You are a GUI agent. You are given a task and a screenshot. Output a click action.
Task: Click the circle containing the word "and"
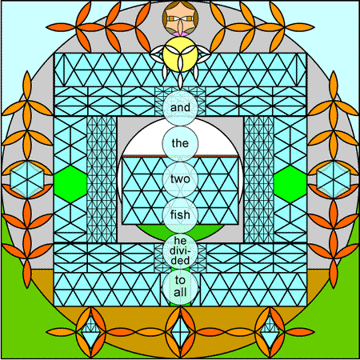point(180,107)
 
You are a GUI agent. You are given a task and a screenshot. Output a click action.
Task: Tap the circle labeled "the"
point(180,143)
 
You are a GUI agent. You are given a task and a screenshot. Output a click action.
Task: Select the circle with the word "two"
point(180,179)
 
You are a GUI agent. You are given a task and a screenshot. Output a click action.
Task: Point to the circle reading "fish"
point(180,215)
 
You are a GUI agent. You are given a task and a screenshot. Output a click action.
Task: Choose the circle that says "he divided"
point(180,251)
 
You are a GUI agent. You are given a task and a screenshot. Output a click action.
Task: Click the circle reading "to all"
point(180,287)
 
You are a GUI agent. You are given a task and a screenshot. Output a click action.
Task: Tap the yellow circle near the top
point(180,54)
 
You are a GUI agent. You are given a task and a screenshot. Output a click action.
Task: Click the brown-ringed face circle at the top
point(180,18)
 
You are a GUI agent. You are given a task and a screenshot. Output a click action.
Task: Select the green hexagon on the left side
point(70,184)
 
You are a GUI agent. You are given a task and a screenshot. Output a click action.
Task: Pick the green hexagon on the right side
point(290,184)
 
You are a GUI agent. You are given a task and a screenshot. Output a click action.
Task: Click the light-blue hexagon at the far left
point(26,179)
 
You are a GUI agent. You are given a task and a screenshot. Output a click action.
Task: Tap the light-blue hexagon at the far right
point(334,179)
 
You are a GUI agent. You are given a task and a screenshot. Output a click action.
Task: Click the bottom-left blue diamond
point(90,332)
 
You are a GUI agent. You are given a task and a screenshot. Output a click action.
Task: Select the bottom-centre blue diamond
point(180,332)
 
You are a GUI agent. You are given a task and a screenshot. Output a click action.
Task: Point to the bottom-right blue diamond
point(270,332)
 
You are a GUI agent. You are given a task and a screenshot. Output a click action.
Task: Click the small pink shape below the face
point(180,34)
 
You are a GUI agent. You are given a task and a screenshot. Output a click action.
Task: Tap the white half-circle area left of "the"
point(142,142)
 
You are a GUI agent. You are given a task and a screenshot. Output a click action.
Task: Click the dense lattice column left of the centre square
point(102,179)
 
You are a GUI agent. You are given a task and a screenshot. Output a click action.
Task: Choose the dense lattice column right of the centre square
point(258,179)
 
